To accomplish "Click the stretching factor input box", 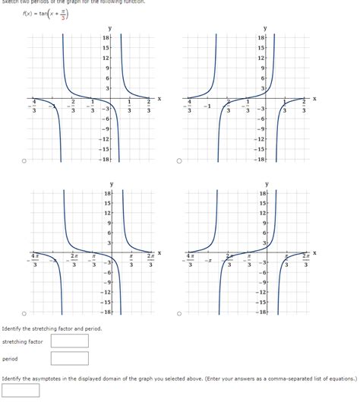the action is [x=70, y=341].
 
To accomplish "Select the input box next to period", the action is [x=70, y=360].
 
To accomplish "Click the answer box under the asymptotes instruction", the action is [x=21, y=390].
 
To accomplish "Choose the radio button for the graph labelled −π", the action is [x=179, y=313].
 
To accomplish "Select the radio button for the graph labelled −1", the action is [x=179, y=160].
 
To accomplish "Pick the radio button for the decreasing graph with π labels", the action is [x=24, y=313].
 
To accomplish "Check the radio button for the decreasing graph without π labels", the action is [x=24, y=160].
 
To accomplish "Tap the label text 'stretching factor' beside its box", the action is [x=22, y=341].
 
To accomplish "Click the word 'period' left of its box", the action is [x=10, y=360].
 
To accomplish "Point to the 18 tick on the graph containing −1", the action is [x=261, y=37].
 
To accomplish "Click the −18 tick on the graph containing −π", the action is [x=260, y=313].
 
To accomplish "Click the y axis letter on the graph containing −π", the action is [x=267, y=183].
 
